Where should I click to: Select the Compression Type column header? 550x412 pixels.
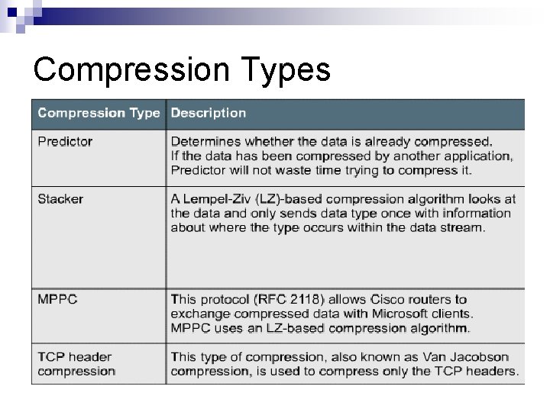[99, 113]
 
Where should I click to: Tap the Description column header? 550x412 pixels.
[208, 113]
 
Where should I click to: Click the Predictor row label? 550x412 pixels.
[65, 141]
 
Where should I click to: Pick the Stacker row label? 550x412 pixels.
[60, 199]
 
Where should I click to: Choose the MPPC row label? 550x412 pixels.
[57, 299]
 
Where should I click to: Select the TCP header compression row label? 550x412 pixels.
[76, 363]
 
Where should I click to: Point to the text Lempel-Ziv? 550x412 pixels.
[216, 199]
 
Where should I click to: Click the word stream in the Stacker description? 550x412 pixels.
[463, 227]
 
